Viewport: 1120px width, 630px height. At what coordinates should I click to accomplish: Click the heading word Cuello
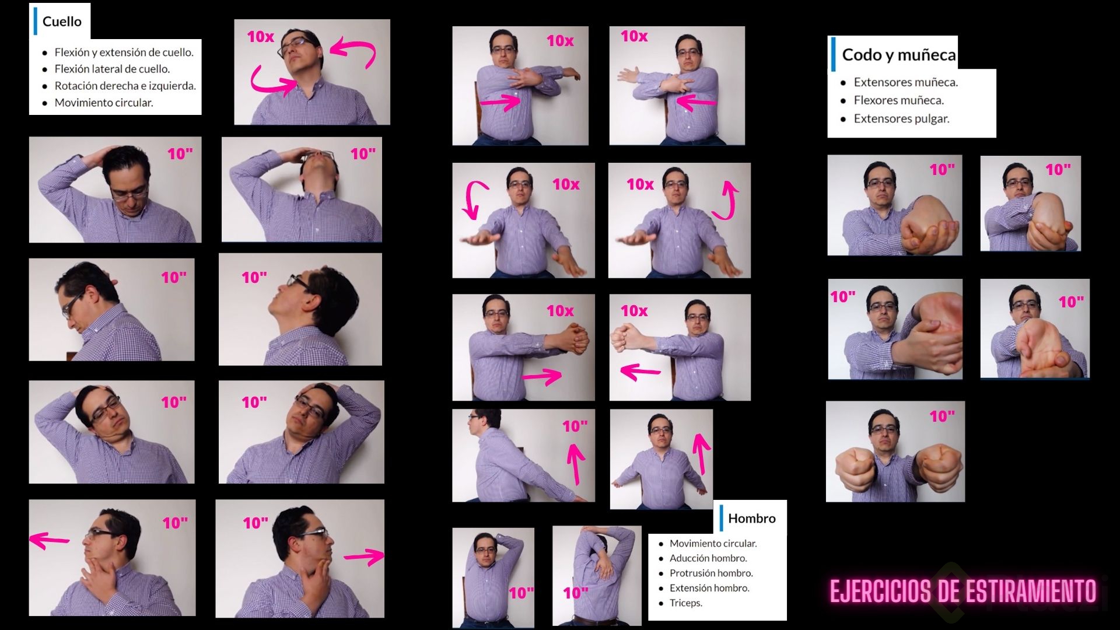(x=62, y=22)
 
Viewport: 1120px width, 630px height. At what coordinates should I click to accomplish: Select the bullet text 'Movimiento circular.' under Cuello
(x=104, y=103)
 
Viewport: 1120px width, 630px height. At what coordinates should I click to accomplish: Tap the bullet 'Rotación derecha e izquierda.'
(x=125, y=86)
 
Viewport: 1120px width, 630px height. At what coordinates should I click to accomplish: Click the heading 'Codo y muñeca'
(x=899, y=55)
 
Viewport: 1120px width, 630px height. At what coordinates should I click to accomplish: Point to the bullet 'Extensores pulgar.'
(x=901, y=118)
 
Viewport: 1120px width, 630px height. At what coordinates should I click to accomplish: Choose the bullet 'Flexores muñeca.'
(x=898, y=100)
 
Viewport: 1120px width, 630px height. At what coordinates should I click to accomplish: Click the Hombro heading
(x=752, y=518)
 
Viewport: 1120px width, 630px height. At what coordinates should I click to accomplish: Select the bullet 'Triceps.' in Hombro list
(x=686, y=603)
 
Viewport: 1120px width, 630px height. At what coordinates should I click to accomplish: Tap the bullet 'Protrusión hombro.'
(x=711, y=573)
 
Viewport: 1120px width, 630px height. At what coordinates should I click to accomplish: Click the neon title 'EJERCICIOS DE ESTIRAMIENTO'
(x=963, y=591)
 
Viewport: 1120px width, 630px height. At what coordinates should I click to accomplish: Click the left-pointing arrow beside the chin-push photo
(x=49, y=540)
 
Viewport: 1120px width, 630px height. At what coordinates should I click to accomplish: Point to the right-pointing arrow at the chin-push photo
(x=364, y=556)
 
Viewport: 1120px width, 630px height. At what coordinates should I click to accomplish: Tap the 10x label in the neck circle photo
(x=260, y=37)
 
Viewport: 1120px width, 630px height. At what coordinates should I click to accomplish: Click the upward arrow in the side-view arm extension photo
(x=576, y=464)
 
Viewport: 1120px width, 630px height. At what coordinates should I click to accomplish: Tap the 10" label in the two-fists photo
(x=942, y=416)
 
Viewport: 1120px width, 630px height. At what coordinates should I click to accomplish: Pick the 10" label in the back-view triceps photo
(x=575, y=593)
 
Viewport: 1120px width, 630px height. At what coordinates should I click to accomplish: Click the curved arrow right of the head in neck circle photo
(x=353, y=52)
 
